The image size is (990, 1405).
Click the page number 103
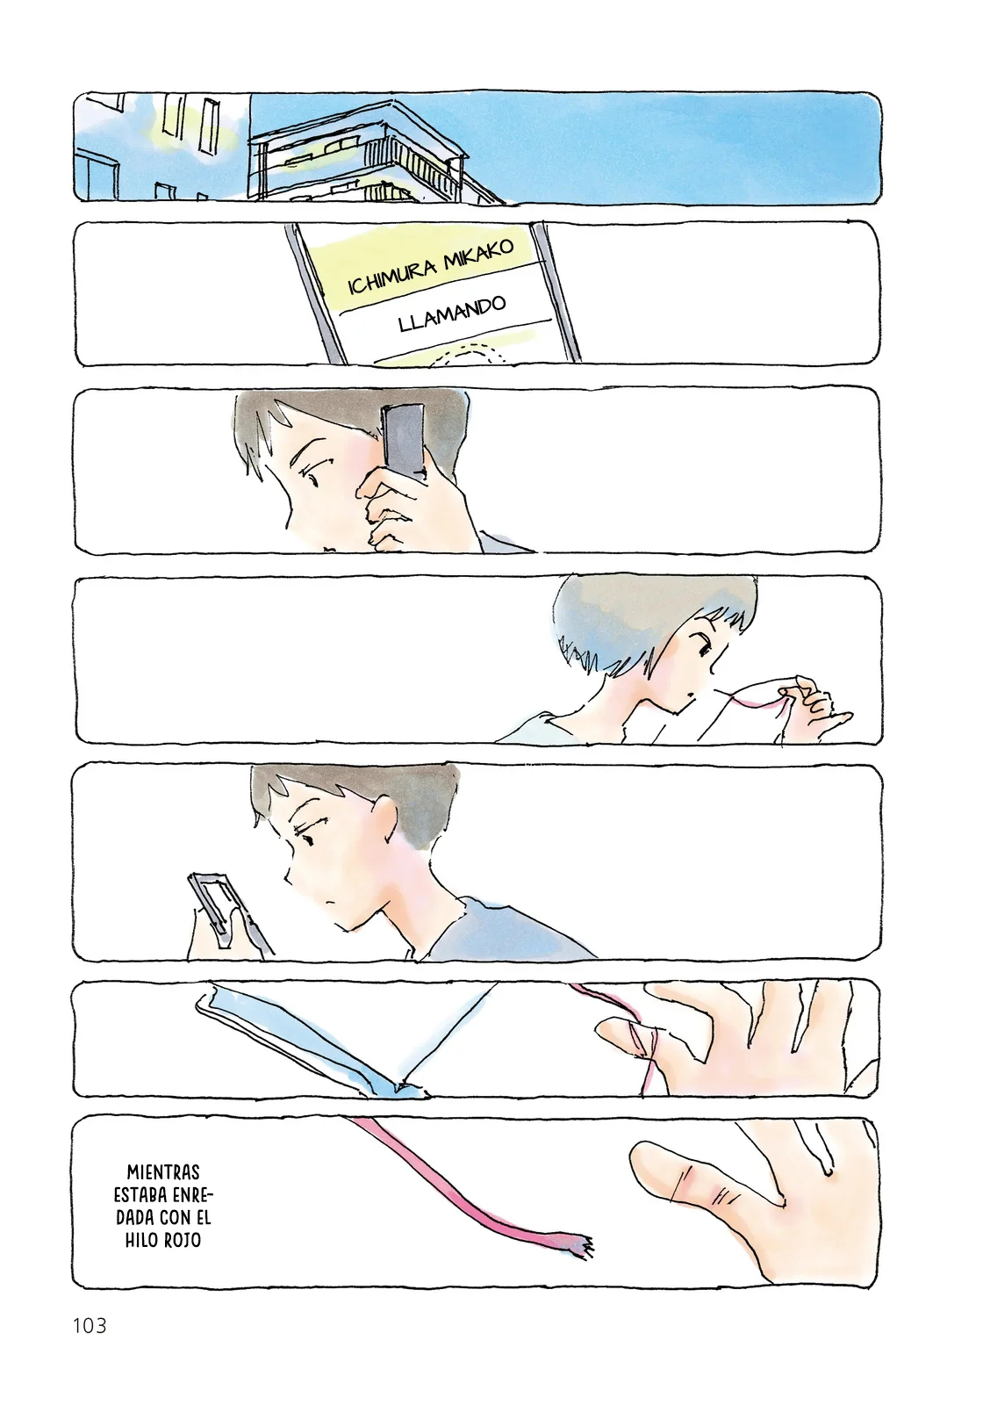pyautogui.click(x=90, y=1325)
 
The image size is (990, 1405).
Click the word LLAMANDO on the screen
pyautogui.click(x=452, y=313)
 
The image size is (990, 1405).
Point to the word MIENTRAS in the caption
pyautogui.click(x=163, y=1172)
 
